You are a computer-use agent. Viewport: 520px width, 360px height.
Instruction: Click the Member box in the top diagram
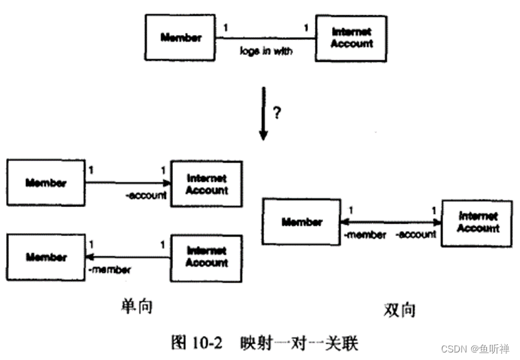point(181,38)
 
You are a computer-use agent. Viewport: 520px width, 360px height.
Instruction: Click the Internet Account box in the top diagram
point(351,38)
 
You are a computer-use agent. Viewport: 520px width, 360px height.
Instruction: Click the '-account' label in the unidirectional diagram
point(145,195)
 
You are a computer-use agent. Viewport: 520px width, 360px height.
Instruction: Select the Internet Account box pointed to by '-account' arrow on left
point(206,184)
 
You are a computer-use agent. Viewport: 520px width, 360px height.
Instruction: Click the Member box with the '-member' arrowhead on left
point(46,257)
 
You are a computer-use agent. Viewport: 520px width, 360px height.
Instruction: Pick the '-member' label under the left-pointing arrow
point(110,269)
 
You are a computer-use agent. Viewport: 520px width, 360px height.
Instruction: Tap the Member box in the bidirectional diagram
point(302,222)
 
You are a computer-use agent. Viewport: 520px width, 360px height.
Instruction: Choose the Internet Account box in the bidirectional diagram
point(477,223)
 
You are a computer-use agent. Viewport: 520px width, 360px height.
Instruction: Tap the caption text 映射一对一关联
point(298,340)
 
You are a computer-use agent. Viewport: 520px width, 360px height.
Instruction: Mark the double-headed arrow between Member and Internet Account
point(391,222)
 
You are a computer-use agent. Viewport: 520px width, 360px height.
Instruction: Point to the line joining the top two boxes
point(266,38)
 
